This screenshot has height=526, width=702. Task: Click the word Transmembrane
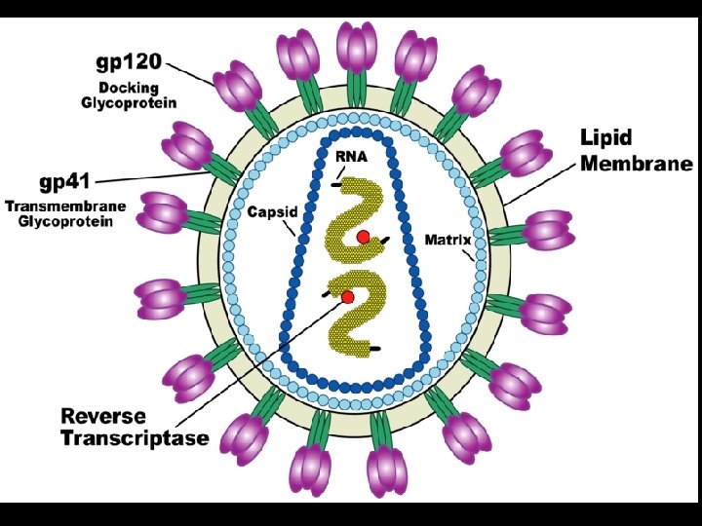tap(65, 207)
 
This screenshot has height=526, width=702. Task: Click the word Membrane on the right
tap(637, 163)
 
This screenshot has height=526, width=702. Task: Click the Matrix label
tap(448, 240)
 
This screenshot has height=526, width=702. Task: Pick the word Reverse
tap(103, 416)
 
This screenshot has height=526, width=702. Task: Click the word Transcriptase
tap(135, 438)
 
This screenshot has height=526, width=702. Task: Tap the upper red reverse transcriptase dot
tap(363, 237)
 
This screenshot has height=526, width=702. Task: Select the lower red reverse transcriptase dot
tap(346, 296)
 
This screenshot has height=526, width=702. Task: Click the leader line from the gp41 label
tap(156, 179)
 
